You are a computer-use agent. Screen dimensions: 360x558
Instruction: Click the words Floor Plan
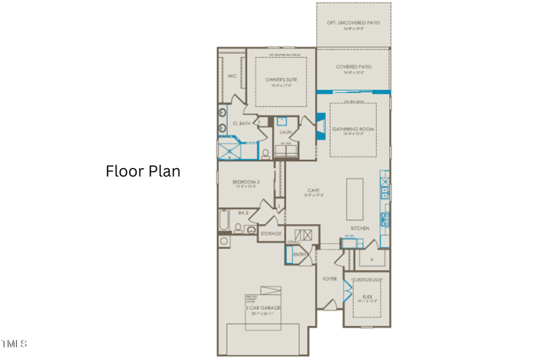coord(143,171)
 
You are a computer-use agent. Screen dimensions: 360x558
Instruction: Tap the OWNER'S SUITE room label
coord(281,80)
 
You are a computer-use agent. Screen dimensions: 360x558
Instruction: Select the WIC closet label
coord(231,75)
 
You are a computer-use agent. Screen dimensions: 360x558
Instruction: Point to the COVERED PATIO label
coord(353,67)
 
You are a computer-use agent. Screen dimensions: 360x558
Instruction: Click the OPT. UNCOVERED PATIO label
coord(353,23)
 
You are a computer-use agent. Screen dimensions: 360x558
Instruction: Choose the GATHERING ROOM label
coord(353,129)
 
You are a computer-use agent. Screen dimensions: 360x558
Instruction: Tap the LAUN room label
coord(285,131)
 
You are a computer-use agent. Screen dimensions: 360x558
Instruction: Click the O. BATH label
coord(241,123)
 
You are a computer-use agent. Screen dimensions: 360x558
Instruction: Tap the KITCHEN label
coord(360,228)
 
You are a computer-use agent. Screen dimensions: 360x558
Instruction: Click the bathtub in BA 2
coord(224,221)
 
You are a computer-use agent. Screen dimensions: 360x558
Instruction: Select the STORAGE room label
coord(271,233)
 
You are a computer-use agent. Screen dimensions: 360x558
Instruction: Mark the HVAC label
coord(293,242)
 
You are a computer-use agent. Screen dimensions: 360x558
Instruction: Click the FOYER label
coord(329,278)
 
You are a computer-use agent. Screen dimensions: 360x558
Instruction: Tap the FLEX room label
coord(367,296)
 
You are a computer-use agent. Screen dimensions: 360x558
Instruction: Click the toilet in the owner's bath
coord(265,153)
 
